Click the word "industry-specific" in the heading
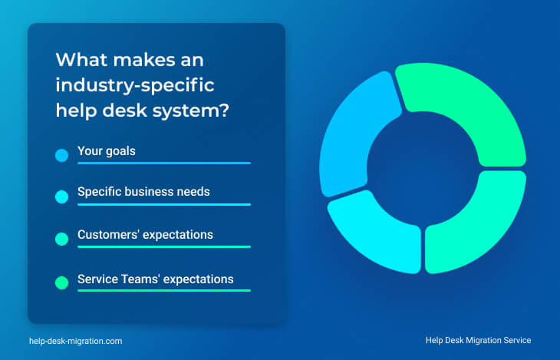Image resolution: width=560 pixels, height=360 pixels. click(x=135, y=86)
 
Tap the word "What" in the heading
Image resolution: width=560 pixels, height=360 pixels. click(x=82, y=59)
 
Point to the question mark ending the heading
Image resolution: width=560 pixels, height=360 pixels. click(x=223, y=110)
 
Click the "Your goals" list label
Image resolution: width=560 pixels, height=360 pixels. click(x=107, y=151)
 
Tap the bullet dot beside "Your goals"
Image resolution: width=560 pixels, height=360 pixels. click(x=62, y=155)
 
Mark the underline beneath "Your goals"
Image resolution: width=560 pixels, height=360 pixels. click(x=164, y=163)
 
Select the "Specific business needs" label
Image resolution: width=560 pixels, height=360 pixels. click(x=143, y=192)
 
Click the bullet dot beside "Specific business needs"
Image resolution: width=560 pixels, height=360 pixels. click(x=62, y=197)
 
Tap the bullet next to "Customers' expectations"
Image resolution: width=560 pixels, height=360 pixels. click(x=62, y=239)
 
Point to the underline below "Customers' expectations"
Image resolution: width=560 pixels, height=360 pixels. click(x=164, y=246)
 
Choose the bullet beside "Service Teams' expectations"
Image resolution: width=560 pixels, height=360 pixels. click(x=62, y=282)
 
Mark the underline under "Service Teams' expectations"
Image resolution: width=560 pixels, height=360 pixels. click(x=164, y=290)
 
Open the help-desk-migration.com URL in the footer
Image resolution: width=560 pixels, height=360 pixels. click(x=76, y=341)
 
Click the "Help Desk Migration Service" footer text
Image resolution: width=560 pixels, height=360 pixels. click(x=478, y=340)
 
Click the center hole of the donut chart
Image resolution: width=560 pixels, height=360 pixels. click(x=423, y=169)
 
